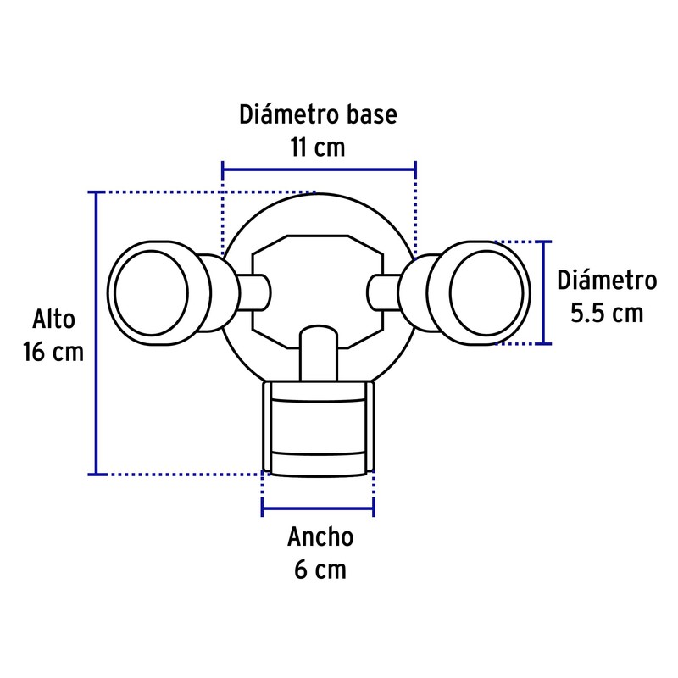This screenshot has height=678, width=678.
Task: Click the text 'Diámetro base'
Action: pyautogui.click(x=318, y=114)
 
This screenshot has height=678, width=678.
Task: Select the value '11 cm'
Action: pyautogui.click(x=318, y=147)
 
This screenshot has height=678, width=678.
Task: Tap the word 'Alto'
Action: pyautogui.click(x=54, y=320)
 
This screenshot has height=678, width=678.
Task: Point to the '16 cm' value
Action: pyautogui.click(x=54, y=352)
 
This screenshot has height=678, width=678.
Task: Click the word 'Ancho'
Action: pyautogui.click(x=320, y=536)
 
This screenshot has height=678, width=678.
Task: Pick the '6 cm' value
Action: pyautogui.click(x=320, y=570)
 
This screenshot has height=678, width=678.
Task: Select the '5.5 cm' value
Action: pyautogui.click(x=606, y=314)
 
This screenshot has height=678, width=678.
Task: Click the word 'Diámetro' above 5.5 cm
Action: pyautogui.click(x=607, y=281)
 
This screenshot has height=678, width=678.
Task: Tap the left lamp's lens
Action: pyautogui.click(x=151, y=292)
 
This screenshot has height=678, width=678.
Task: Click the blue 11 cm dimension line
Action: pyautogui.click(x=319, y=166)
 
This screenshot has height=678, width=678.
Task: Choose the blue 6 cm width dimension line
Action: pyautogui.click(x=319, y=509)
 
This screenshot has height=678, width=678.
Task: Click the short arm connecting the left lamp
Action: pyautogui.click(x=253, y=292)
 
